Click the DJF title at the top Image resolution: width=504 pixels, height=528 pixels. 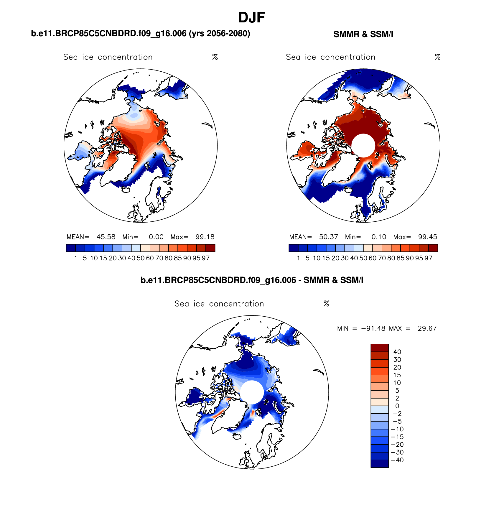point(251,18)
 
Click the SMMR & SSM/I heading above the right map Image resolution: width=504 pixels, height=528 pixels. point(363,34)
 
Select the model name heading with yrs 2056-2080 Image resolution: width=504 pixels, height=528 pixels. point(140,34)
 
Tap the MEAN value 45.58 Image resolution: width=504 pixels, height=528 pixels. point(106,237)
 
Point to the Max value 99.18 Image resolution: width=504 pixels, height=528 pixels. point(205,237)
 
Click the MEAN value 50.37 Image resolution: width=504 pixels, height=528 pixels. point(328,237)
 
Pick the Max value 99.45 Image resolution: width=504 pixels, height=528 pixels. point(427,237)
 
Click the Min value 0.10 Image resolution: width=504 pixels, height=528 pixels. point(379,237)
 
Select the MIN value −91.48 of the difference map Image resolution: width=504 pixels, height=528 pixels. point(373,328)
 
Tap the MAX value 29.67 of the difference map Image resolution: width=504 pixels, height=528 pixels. point(427,328)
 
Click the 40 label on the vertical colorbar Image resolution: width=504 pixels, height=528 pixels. point(397,352)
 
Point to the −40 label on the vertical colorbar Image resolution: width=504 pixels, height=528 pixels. point(397,460)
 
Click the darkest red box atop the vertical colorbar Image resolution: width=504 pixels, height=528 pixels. point(379,348)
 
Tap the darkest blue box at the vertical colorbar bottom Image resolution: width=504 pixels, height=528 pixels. point(379,464)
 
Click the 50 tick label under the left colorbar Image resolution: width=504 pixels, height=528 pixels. point(141,258)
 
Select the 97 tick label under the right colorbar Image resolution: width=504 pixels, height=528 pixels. point(428,258)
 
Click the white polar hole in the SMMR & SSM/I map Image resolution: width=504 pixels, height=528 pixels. point(363,146)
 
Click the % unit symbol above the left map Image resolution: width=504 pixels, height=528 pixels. point(215,57)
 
